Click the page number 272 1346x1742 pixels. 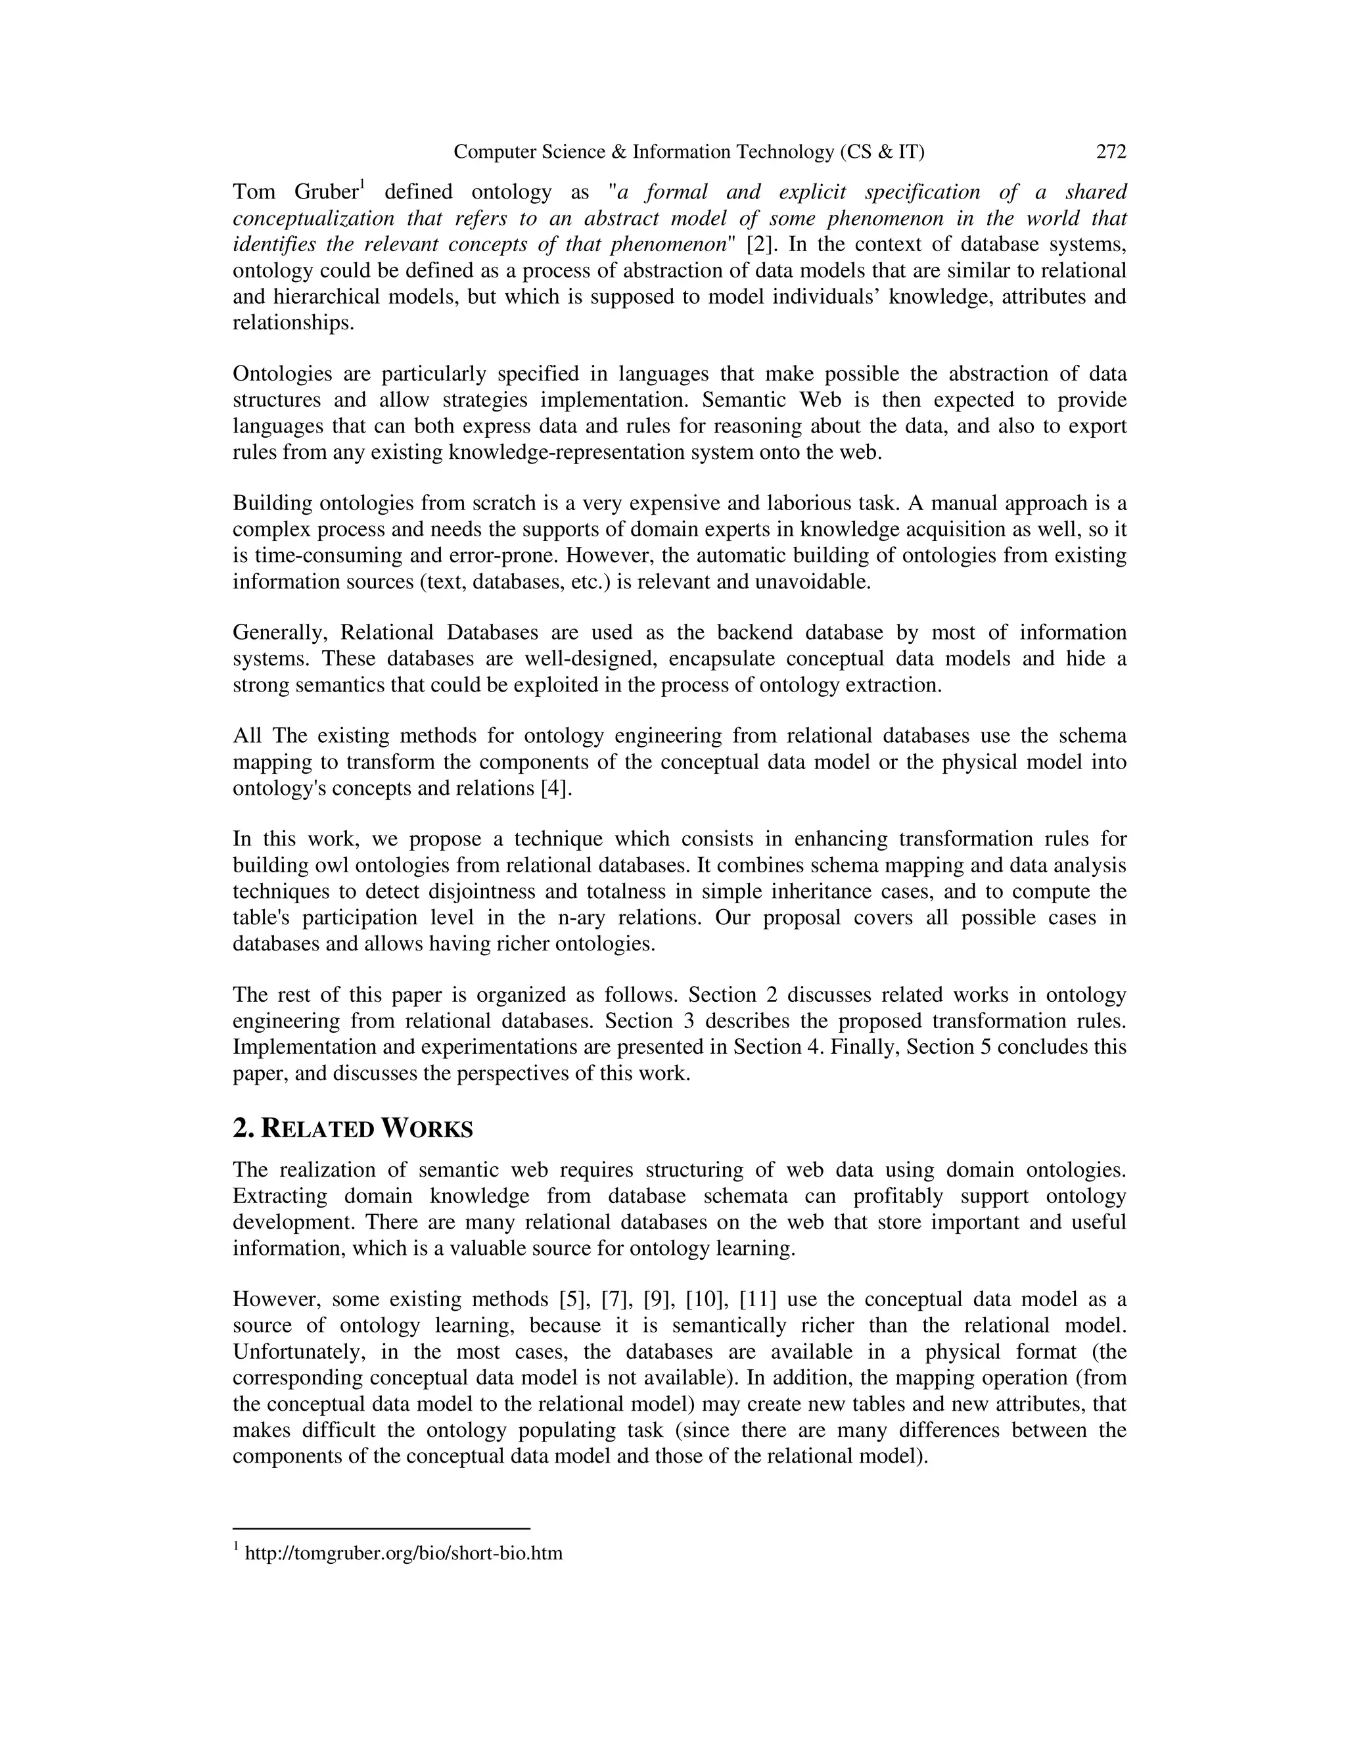click(1111, 152)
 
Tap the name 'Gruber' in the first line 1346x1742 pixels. click(326, 192)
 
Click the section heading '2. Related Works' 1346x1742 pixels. click(352, 1129)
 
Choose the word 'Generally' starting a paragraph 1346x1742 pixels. click(280, 632)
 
